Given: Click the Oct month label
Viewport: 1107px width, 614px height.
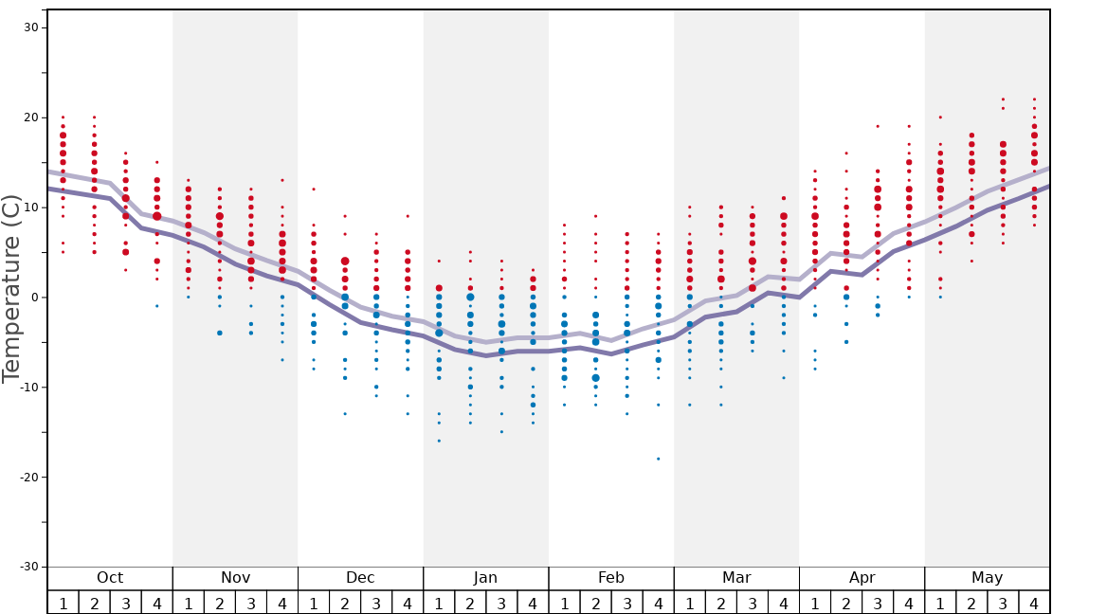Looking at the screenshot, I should tap(110, 578).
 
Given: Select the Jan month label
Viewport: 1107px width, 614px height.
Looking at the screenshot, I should tap(485, 578).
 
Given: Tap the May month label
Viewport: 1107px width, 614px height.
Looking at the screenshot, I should tap(987, 578).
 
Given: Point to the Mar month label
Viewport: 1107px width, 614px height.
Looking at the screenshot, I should tap(736, 578).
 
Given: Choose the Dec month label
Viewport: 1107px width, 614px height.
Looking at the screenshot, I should tap(360, 578).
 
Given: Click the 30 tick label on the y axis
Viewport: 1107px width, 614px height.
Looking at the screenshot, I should tap(30, 27).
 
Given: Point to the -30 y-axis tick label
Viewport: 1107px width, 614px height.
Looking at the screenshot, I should tap(27, 567).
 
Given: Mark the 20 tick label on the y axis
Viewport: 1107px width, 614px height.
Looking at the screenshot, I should tap(30, 117).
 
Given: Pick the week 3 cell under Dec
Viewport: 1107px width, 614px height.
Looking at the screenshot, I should tap(376, 603).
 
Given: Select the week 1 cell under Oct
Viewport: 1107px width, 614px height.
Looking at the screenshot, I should tap(63, 603).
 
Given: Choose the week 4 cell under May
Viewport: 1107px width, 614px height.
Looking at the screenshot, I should tap(1034, 603).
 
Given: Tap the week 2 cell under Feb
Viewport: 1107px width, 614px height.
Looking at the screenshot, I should tap(595, 603).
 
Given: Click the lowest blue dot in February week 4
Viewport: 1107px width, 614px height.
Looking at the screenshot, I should tap(658, 459).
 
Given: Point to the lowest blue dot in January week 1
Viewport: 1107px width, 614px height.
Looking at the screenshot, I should tap(439, 441).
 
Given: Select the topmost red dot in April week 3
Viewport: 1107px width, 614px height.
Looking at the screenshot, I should tap(878, 126).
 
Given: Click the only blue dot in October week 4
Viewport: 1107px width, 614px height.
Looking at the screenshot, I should tap(157, 306).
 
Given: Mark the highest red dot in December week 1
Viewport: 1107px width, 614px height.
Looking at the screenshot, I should tap(314, 189).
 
